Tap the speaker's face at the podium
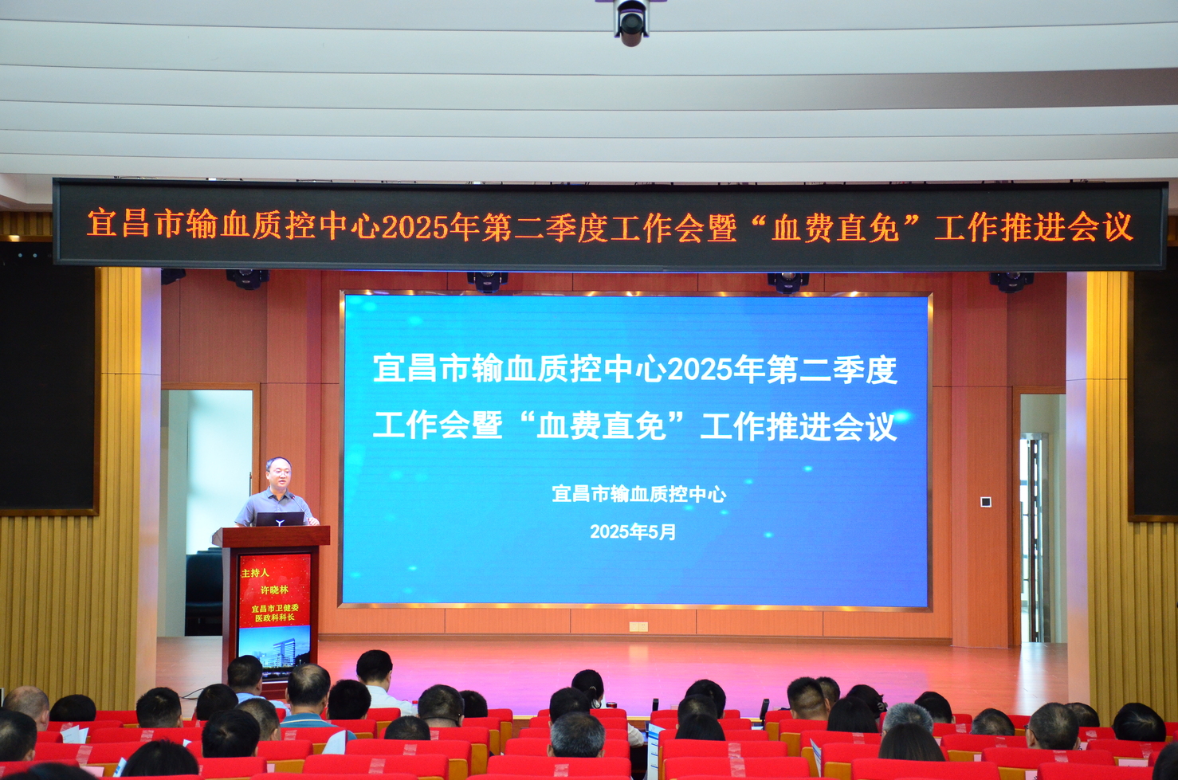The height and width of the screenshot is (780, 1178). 279,473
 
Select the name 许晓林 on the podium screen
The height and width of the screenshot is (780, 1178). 274,590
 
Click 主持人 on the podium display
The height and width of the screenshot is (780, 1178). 254,573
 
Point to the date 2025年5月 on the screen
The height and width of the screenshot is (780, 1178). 633,532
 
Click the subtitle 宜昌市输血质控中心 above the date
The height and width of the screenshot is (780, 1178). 638,494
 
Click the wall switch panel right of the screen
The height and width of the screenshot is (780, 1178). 986,502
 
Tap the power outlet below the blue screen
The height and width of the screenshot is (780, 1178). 638,626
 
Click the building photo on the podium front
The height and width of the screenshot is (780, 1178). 274,653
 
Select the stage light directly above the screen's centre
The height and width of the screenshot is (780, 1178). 488,280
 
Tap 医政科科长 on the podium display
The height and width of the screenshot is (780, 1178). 274,618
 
